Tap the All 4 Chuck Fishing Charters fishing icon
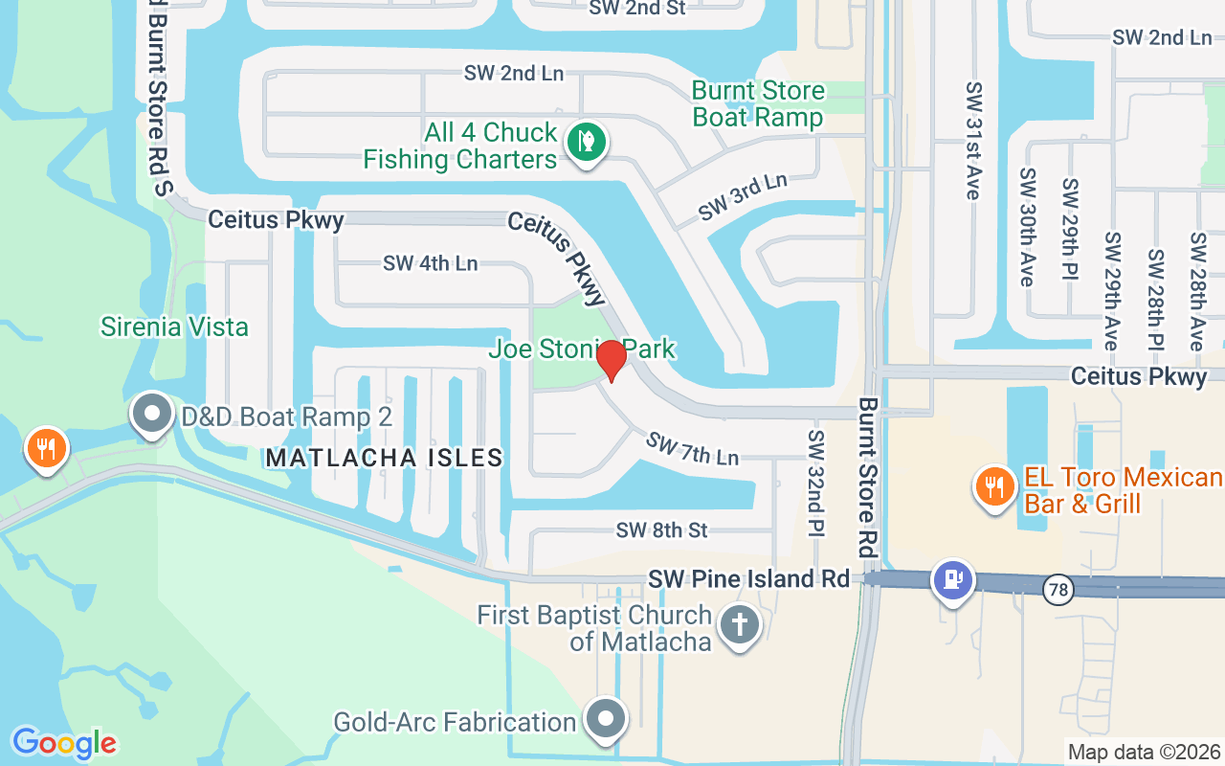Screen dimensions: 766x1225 tap(586, 143)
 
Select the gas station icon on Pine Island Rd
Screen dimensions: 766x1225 tap(952, 580)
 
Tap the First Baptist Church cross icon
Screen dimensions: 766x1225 tap(739, 625)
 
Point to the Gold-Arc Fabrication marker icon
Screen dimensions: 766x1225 tap(605, 719)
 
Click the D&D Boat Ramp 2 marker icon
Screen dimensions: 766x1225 tap(151, 415)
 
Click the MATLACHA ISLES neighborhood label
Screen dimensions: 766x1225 tap(385, 458)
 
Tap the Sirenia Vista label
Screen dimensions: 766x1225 tap(174, 327)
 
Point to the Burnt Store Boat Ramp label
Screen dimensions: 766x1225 tap(758, 103)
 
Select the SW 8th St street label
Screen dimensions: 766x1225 tap(661, 529)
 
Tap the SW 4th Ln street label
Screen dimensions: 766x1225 tap(430, 262)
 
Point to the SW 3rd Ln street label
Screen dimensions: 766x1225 tap(743, 196)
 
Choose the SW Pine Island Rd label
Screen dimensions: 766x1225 tap(748, 578)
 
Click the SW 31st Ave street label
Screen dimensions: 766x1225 tap(973, 140)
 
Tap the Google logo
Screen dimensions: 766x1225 tap(64, 743)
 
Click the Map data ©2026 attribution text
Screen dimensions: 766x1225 tap(1144, 752)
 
